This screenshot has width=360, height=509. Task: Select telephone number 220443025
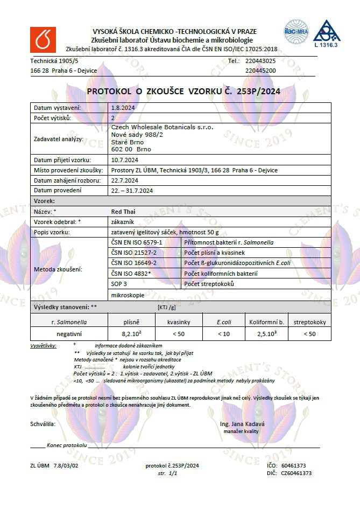(260, 61)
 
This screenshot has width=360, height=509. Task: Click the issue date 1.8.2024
(120, 108)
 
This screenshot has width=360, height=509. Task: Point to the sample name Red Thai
(123, 212)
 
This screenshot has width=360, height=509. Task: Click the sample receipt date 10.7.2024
(124, 160)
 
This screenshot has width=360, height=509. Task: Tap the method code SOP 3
(118, 283)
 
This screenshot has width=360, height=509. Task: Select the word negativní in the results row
(69, 334)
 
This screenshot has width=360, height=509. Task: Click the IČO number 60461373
(293, 465)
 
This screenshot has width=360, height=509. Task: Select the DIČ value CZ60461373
(296, 473)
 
